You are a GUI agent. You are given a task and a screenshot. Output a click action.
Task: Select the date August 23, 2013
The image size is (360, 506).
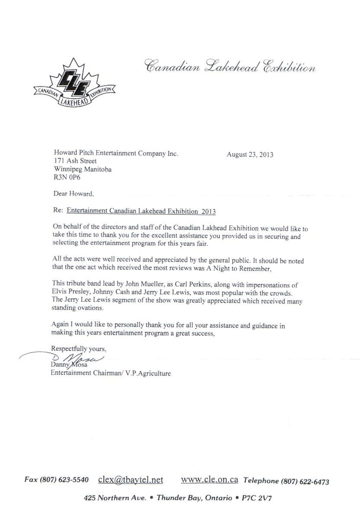[x=250, y=155]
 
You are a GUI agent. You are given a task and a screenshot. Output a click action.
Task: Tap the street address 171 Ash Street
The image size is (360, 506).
[x=75, y=161]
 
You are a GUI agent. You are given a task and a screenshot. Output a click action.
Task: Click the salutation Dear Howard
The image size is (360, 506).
[x=74, y=194]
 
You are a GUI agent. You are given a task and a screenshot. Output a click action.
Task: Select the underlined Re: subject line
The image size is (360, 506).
[x=141, y=211]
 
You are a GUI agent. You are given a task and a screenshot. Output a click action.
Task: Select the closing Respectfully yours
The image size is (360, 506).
[x=79, y=349]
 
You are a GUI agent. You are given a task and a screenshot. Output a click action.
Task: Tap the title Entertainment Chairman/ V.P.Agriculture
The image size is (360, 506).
[x=111, y=373]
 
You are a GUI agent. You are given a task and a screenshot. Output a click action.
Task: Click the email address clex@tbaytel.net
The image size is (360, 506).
[x=131, y=480]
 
